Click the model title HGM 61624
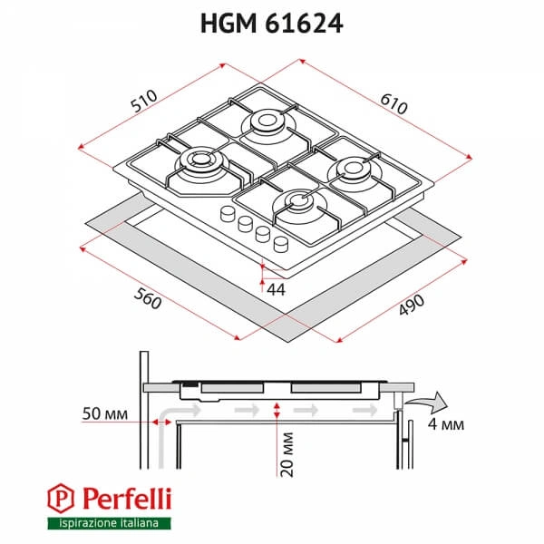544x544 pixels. pos(271,25)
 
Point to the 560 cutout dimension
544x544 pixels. pos(146,297)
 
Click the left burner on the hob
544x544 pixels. pos(197,163)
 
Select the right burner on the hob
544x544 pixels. pos(351,169)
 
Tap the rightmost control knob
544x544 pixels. pos(280,242)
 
